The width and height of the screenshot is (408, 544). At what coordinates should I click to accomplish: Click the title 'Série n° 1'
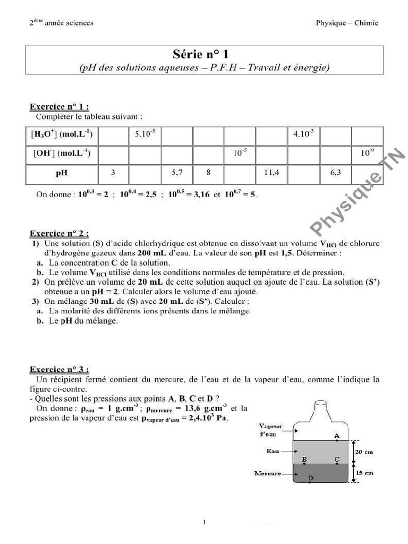tap(204, 54)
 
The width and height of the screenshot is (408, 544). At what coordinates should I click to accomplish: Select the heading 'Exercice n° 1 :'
tap(59, 107)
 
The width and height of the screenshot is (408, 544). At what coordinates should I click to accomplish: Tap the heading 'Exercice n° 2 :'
tap(59, 233)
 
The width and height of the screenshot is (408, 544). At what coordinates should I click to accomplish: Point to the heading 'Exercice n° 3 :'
tap(59, 369)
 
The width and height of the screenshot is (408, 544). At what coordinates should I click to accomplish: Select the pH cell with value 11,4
tap(271, 173)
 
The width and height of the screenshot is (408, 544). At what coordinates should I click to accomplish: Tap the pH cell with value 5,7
tap(177, 173)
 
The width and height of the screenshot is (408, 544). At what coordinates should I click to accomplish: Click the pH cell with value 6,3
tap(335, 173)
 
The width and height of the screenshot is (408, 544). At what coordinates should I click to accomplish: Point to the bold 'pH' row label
tap(62, 173)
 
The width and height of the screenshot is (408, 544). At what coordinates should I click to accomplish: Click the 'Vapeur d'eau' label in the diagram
tap(270, 430)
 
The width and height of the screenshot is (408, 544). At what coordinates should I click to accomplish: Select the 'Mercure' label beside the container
tap(267, 473)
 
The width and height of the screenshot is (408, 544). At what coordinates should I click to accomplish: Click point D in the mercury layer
tap(311, 479)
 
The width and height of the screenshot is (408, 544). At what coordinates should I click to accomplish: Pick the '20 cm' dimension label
tap(364, 452)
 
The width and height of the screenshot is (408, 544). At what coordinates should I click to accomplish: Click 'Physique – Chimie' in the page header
tap(346, 23)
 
